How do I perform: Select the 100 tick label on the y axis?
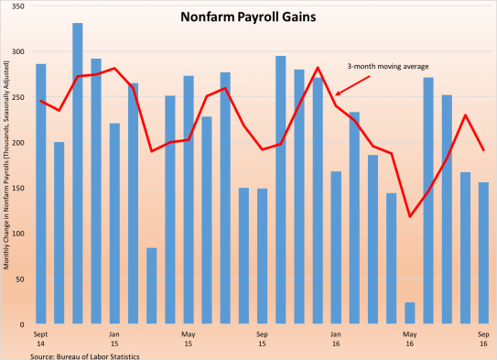point(18,234)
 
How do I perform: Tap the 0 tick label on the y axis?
point(22,324)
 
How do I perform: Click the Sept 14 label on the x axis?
point(40,337)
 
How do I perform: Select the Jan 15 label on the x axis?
point(114,337)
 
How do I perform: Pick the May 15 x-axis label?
point(188,337)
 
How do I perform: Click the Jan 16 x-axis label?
point(335,337)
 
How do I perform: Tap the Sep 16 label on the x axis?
point(482,337)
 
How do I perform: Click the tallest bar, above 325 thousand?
point(78,174)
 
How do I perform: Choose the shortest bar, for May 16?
point(409,313)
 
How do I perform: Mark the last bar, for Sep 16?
point(482,253)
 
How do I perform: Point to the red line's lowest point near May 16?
point(409,216)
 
